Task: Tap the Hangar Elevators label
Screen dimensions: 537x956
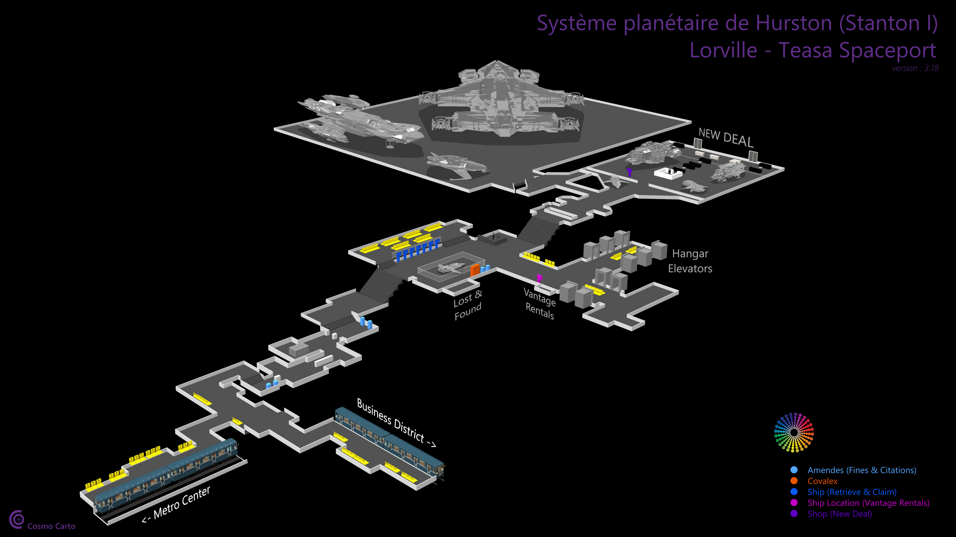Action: point(690,261)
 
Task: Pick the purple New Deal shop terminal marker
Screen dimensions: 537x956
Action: point(629,172)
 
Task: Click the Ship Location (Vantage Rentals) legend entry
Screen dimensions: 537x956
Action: point(868,503)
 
